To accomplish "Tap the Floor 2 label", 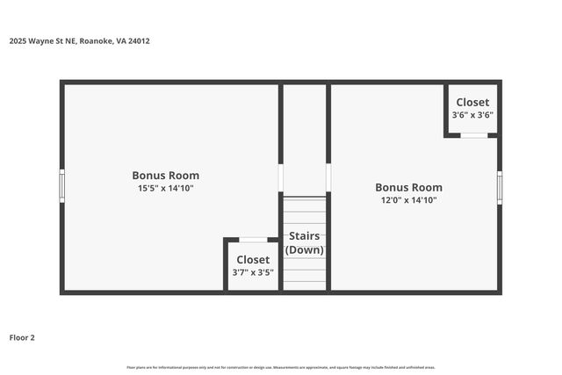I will point(22,337).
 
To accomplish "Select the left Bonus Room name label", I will point(165,175).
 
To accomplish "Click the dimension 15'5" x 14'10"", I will point(165,188).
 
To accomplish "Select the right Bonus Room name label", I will point(408,187).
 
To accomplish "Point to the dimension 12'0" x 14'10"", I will point(408,200).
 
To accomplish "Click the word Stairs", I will point(304,235).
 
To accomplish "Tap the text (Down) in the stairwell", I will point(304,249).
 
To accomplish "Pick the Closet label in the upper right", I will point(472,102).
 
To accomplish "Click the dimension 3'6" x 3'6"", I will point(472,114).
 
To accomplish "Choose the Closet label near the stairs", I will point(252,259).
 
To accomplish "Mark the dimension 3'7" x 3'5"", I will point(252,272).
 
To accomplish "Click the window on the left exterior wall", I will point(62,186).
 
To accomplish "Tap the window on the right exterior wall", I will point(500,187).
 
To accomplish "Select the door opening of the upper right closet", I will point(473,135).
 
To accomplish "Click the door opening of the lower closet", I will point(253,239).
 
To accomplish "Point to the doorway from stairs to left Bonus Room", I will point(281,177).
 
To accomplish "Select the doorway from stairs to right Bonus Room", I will point(328,177).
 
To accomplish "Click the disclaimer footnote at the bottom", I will point(281,367).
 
